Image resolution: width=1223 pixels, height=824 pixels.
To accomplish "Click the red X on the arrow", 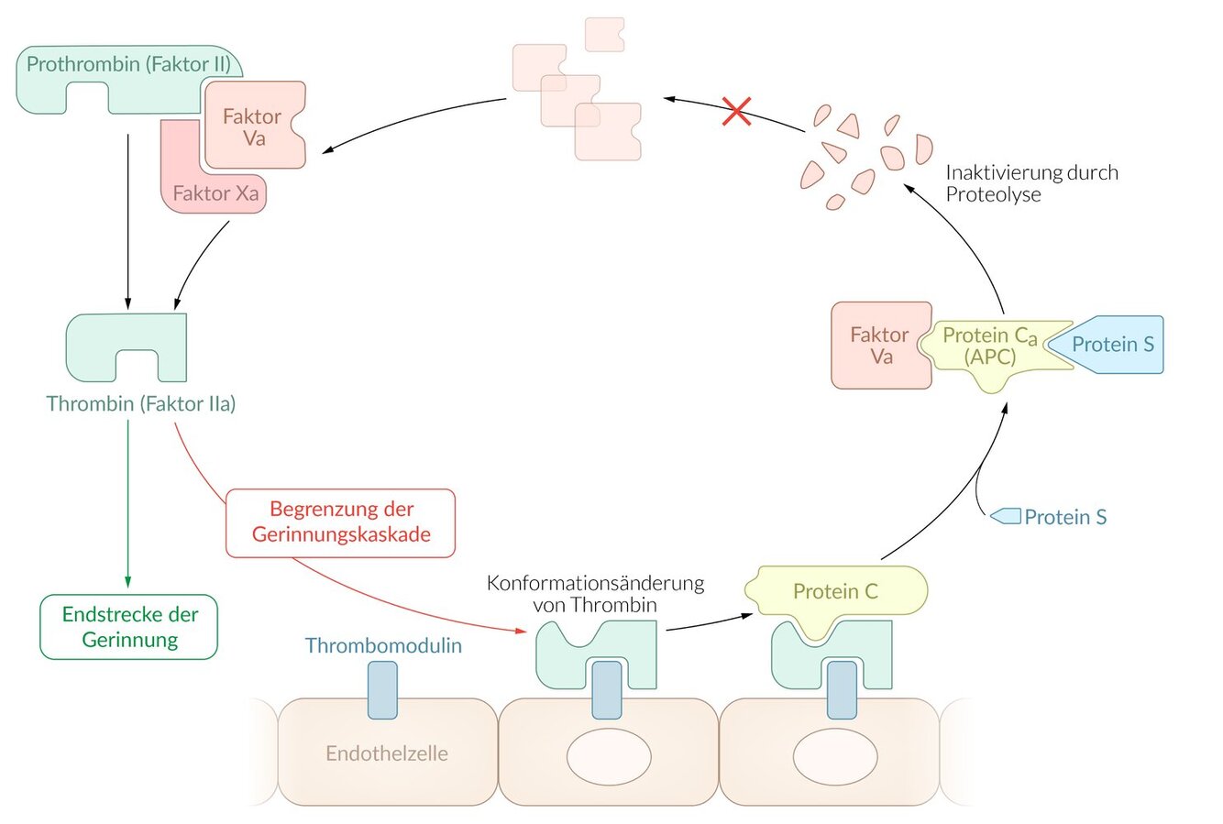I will [737, 111].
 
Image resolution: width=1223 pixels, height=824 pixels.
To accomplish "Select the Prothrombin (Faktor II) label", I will [128, 65].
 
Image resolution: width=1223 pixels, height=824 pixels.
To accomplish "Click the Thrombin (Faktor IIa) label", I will [141, 403].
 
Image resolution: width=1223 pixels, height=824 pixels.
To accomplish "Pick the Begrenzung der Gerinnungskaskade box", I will [341, 522].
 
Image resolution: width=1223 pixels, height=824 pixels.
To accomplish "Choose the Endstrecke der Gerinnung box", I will [129, 627].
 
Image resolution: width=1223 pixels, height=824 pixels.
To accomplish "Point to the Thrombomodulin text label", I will [383, 645].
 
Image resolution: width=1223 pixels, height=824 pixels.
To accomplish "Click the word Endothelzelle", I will [387, 753].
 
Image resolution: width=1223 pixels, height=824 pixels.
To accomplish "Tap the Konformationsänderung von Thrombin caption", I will [595, 593].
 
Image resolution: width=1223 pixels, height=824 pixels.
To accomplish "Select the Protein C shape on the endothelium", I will [835, 592].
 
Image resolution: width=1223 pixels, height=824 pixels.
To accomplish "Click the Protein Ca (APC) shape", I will [989, 346].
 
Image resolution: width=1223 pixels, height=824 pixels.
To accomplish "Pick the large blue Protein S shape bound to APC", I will [1112, 345].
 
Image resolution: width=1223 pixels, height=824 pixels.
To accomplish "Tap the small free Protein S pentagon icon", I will [1006, 516].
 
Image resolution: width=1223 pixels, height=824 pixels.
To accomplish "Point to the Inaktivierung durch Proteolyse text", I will [1031, 182].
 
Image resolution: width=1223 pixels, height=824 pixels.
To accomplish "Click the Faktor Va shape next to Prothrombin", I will [253, 126].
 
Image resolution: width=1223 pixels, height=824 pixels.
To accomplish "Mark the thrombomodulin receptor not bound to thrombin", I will [382, 689].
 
